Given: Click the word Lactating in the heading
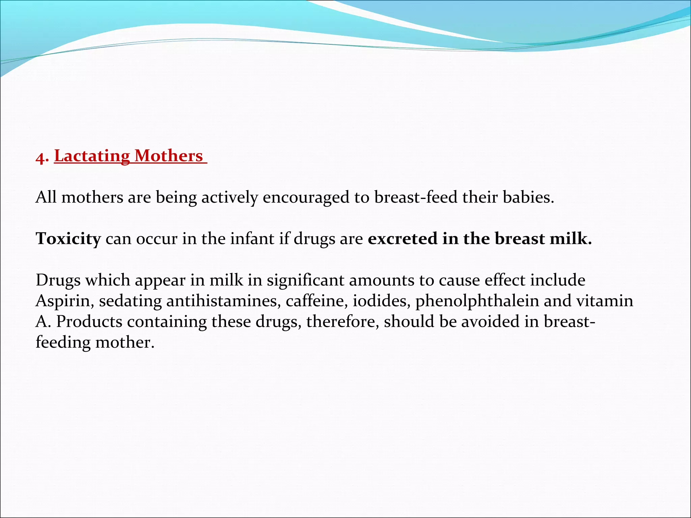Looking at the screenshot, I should pyautogui.click(x=92, y=156).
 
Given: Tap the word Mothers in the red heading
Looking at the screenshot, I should pyautogui.click(x=168, y=156).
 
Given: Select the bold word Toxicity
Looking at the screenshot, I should pyautogui.click(x=68, y=239).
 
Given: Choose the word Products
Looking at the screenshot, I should pyautogui.click(x=89, y=321).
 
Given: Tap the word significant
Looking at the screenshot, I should pyautogui.click(x=305, y=280).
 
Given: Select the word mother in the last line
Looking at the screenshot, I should pyautogui.click(x=125, y=343).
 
